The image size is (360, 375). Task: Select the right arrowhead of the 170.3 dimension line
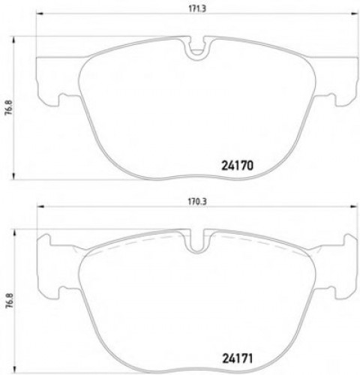click(x=352, y=208)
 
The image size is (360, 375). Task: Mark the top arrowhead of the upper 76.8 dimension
click(x=16, y=38)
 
